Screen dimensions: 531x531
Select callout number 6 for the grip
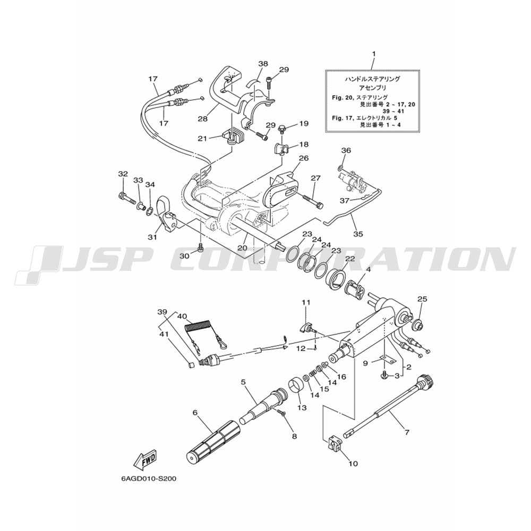point(195,413)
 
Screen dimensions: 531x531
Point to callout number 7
point(407,432)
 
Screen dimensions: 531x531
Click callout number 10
point(353,464)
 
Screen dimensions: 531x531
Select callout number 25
point(422,299)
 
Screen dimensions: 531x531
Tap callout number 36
point(346,150)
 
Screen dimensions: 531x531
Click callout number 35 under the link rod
point(358,234)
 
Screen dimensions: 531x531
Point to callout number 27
point(315,178)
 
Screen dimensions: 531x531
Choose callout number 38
point(263,64)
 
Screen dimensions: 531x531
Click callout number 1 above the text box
point(374,54)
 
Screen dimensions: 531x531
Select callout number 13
point(303,408)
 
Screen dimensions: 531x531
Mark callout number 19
point(304,123)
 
